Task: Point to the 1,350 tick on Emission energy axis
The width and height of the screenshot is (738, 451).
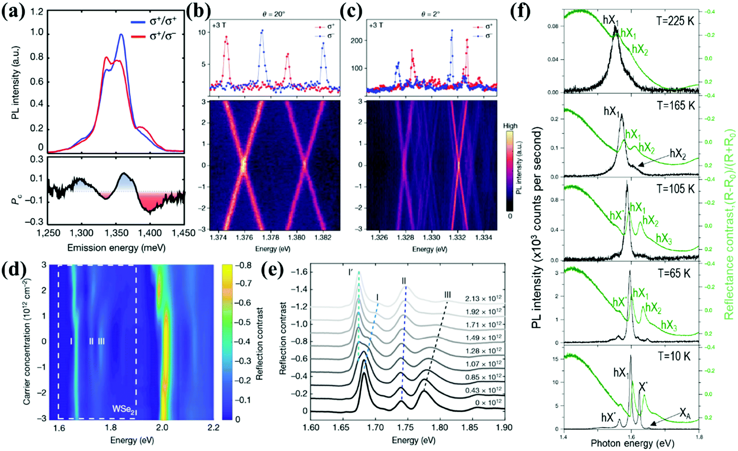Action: click(119, 233)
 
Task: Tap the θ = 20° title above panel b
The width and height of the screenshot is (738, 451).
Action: click(273, 14)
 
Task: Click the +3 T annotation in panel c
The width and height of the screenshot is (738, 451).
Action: click(375, 25)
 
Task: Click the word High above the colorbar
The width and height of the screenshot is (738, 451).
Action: click(510, 126)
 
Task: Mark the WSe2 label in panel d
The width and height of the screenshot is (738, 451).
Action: click(123, 409)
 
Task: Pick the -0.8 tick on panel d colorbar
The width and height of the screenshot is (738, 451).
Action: click(244, 265)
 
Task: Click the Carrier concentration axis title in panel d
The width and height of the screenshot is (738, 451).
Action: click(27, 341)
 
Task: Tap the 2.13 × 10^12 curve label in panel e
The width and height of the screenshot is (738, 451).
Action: click(483, 299)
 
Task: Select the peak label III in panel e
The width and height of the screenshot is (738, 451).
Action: click(448, 295)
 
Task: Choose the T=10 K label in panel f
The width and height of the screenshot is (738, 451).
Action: click(674, 357)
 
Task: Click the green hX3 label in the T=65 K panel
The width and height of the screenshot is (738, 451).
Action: click(669, 326)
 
